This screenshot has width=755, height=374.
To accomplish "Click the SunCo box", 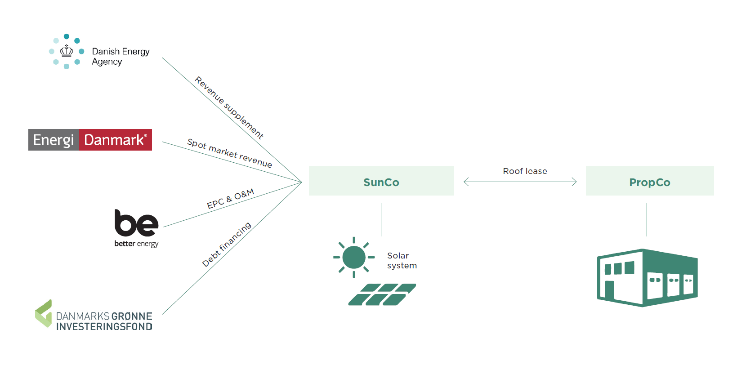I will tap(381, 181).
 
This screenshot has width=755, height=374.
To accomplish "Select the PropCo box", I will tap(650, 181).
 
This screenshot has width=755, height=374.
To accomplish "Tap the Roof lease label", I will tap(525, 171).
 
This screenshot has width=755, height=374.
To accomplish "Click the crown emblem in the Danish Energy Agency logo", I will tap(67, 51).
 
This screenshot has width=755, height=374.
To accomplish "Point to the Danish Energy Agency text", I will tap(121, 57).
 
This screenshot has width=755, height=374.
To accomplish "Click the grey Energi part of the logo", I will tap(54, 140).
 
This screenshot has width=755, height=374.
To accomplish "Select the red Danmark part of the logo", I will tap(116, 140).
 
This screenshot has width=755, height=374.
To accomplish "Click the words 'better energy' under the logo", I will tap(136, 244).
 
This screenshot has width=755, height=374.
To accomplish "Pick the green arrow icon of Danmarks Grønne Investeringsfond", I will tap(44, 313).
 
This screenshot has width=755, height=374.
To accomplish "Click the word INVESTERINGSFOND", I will tap(104, 327).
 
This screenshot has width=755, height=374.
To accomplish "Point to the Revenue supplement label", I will tap(229, 108).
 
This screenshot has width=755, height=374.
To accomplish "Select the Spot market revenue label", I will tap(229, 153).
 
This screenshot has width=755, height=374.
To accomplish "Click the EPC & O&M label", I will tap(231, 198).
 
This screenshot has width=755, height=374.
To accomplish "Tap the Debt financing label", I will tap(227, 244).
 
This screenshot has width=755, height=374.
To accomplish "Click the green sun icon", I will tap(354, 257).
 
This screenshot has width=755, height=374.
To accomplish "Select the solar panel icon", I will tap(382, 294).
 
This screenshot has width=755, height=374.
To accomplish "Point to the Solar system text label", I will tap(402, 261).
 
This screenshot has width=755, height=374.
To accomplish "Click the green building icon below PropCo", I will tap(647, 277).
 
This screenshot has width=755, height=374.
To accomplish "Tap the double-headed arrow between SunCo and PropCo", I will tap(520, 182).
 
